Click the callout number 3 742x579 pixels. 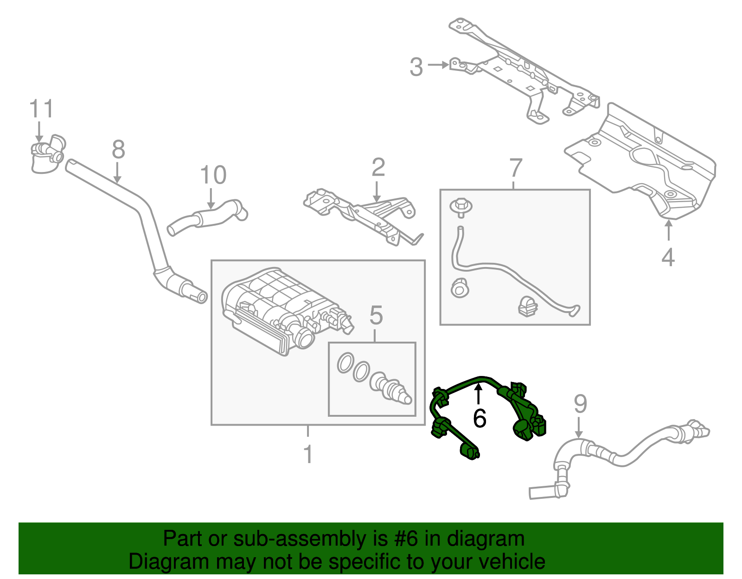416,67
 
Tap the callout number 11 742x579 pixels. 42,109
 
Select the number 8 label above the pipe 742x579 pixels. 118,150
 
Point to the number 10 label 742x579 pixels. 213,176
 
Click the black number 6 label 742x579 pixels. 480,418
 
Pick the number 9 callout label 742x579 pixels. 580,404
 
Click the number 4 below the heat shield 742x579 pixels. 668,258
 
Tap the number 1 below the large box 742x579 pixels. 308,454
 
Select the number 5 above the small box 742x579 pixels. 376,316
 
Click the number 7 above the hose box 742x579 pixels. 516,168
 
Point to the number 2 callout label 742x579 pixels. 378,168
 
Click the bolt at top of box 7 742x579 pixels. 461,207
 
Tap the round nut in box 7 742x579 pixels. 460,289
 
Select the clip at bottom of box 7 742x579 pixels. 527,306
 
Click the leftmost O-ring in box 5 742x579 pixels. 345,363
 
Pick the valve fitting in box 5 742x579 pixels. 390,388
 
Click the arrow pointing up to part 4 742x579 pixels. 668,230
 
